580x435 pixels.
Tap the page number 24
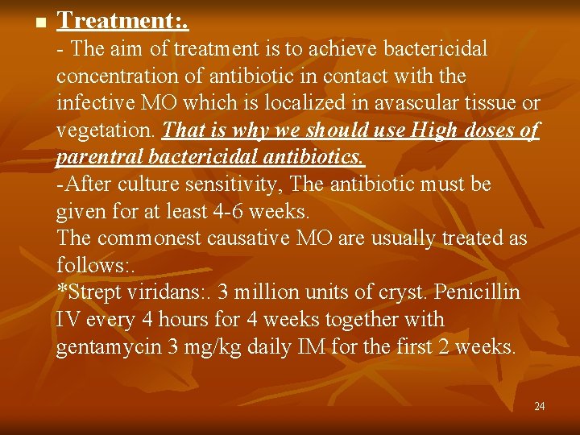[539, 406]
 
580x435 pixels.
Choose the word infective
[100, 104]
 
